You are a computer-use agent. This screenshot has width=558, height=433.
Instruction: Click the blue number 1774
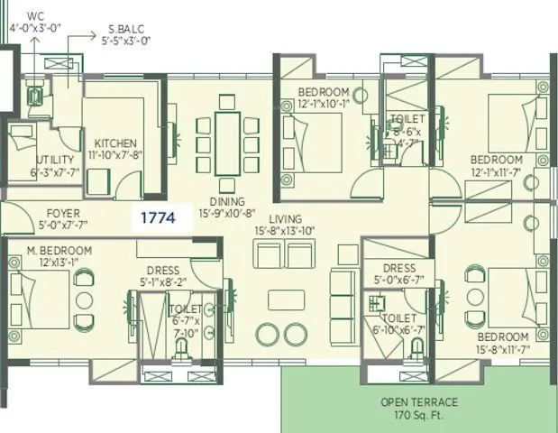pos(157,217)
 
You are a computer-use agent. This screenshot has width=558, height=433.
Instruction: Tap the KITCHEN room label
pos(116,143)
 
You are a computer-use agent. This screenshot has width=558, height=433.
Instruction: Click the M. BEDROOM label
pos(53,250)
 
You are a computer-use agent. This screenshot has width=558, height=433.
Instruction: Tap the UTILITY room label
pos(30,160)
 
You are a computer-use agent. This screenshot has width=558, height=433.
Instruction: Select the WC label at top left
pos(35,16)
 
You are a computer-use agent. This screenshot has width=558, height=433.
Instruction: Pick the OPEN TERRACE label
pos(419,401)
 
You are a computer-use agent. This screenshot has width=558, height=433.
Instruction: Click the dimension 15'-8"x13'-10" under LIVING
pos(285,231)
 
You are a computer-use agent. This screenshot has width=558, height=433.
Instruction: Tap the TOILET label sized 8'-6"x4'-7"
pos(401,119)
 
